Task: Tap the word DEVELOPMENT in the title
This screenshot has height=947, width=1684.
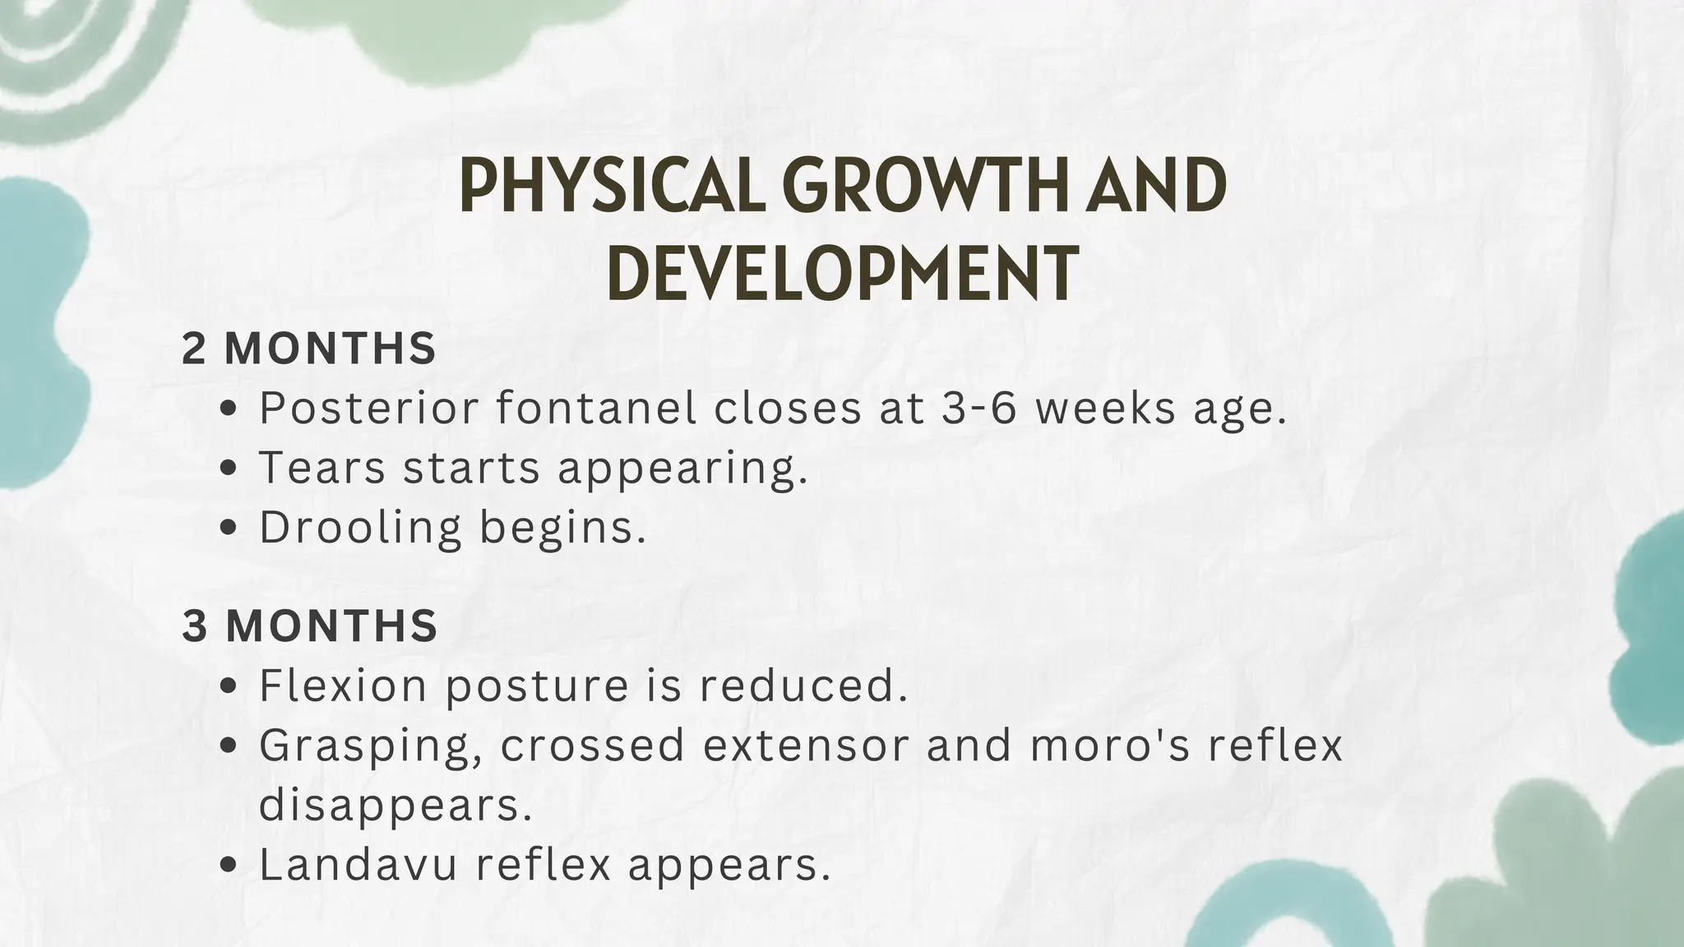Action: pyautogui.click(x=842, y=270)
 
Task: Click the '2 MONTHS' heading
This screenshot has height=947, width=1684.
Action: pyautogui.click(x=308, y=349)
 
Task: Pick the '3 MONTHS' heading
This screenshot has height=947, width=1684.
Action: pyautogui.click(x=309, y=626)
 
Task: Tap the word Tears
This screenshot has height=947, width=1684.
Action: pyautogui.click(x=322, y=467)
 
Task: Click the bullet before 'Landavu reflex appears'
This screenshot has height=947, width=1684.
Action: pyautogui.click(x=230, y=866)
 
